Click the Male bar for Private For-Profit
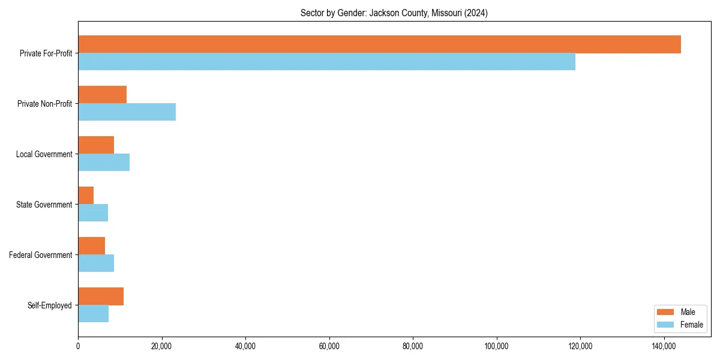pos(379,44)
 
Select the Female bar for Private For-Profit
pos(326,62)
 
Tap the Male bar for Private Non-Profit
pos(102,95)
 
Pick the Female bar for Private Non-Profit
pos(127,112)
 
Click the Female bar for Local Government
pos(104,163)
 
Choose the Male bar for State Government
pos(86,196)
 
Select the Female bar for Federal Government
pos(96,263)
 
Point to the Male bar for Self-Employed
pos(101,296)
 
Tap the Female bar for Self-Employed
pos(93,314)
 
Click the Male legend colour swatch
pos(666,312)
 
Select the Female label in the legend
pos(692,325)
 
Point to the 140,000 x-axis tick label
pos(664,346)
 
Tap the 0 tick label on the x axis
pos(78,346)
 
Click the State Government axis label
pos(44,205)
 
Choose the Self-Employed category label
pos(50,305)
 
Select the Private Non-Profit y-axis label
pos(44,104)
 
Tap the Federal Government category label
pos(41,255)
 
